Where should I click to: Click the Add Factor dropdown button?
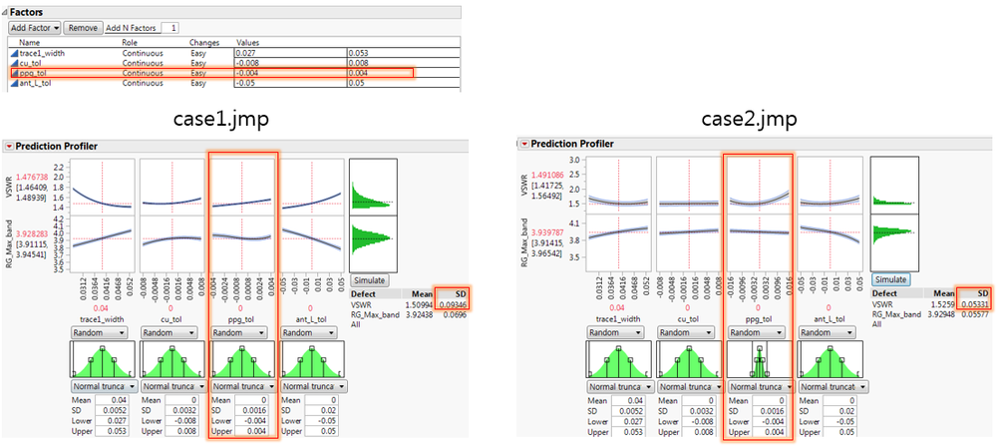click(x=34, y=28)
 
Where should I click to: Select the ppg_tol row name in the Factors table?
click(x=35, y=73)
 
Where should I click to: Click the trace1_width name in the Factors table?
click(x=43, y=52)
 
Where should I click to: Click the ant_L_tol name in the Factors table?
click(x=36, y=84)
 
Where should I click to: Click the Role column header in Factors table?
click(x=132, y=42)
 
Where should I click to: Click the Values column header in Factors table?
click(x=247, y=42)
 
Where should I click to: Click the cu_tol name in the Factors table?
click(x=31, y=62)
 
